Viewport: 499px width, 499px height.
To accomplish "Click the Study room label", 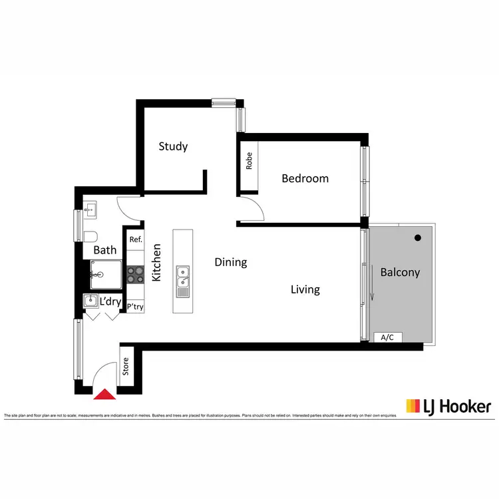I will (x=173, y=146).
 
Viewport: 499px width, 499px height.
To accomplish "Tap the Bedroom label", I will (x=305, y=178).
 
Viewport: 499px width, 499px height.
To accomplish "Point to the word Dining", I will (x=231, y=262).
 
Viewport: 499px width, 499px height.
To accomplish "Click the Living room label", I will (x=305, y=289).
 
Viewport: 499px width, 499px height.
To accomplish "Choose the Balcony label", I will (x=400, y=272).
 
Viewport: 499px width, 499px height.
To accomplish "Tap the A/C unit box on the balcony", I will (x=387, y=337).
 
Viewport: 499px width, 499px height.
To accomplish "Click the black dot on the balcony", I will (x=417, y=238).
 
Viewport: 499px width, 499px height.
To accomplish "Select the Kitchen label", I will (x=158, y=262).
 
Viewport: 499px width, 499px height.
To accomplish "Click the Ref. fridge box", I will (x=136, y=240).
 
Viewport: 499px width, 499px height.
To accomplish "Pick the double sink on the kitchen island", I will (x=182, y=281).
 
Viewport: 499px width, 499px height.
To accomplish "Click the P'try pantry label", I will (x=135, y=307).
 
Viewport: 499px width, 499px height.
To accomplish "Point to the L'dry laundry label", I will (x=110, y=301).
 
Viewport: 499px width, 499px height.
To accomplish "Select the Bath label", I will (x=104, y=250).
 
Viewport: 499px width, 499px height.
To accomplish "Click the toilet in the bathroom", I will (x=90, y=236).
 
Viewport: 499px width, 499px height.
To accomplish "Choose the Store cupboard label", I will (x=126, y=367).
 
